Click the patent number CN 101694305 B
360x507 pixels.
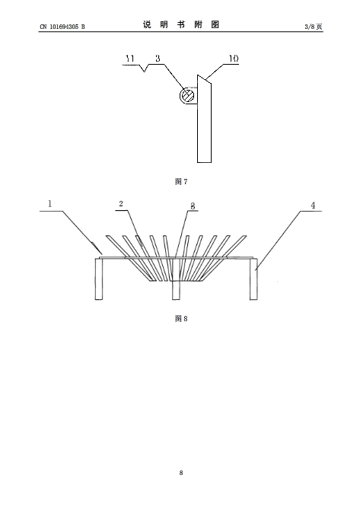(x=62, y=27)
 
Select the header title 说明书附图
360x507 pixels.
(x=181, y=24)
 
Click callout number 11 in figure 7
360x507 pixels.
(x=130, y=59)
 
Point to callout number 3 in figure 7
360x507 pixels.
(x=158, y=59)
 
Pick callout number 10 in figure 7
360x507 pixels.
(x=234, y=59)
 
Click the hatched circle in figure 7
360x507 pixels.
(x=186, y=96)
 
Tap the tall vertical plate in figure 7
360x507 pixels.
(x=205, y=119)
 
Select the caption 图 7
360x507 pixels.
(x=181, y=182)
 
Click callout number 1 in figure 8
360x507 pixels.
(x=49, y=204)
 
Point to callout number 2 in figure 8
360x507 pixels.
(x=121, y=204)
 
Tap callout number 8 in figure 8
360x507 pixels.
(x=193, y=206)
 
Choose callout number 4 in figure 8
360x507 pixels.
(x=313, y=206)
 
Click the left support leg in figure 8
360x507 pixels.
(x=99, y=279)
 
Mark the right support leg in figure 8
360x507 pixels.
(x=253, y=279)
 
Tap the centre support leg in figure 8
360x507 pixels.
(x=176, y=279)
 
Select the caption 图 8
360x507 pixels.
(x=181, y=318)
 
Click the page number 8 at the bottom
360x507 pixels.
(x=181, y=473)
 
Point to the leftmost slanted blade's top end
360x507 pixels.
(x=108, y=236)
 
